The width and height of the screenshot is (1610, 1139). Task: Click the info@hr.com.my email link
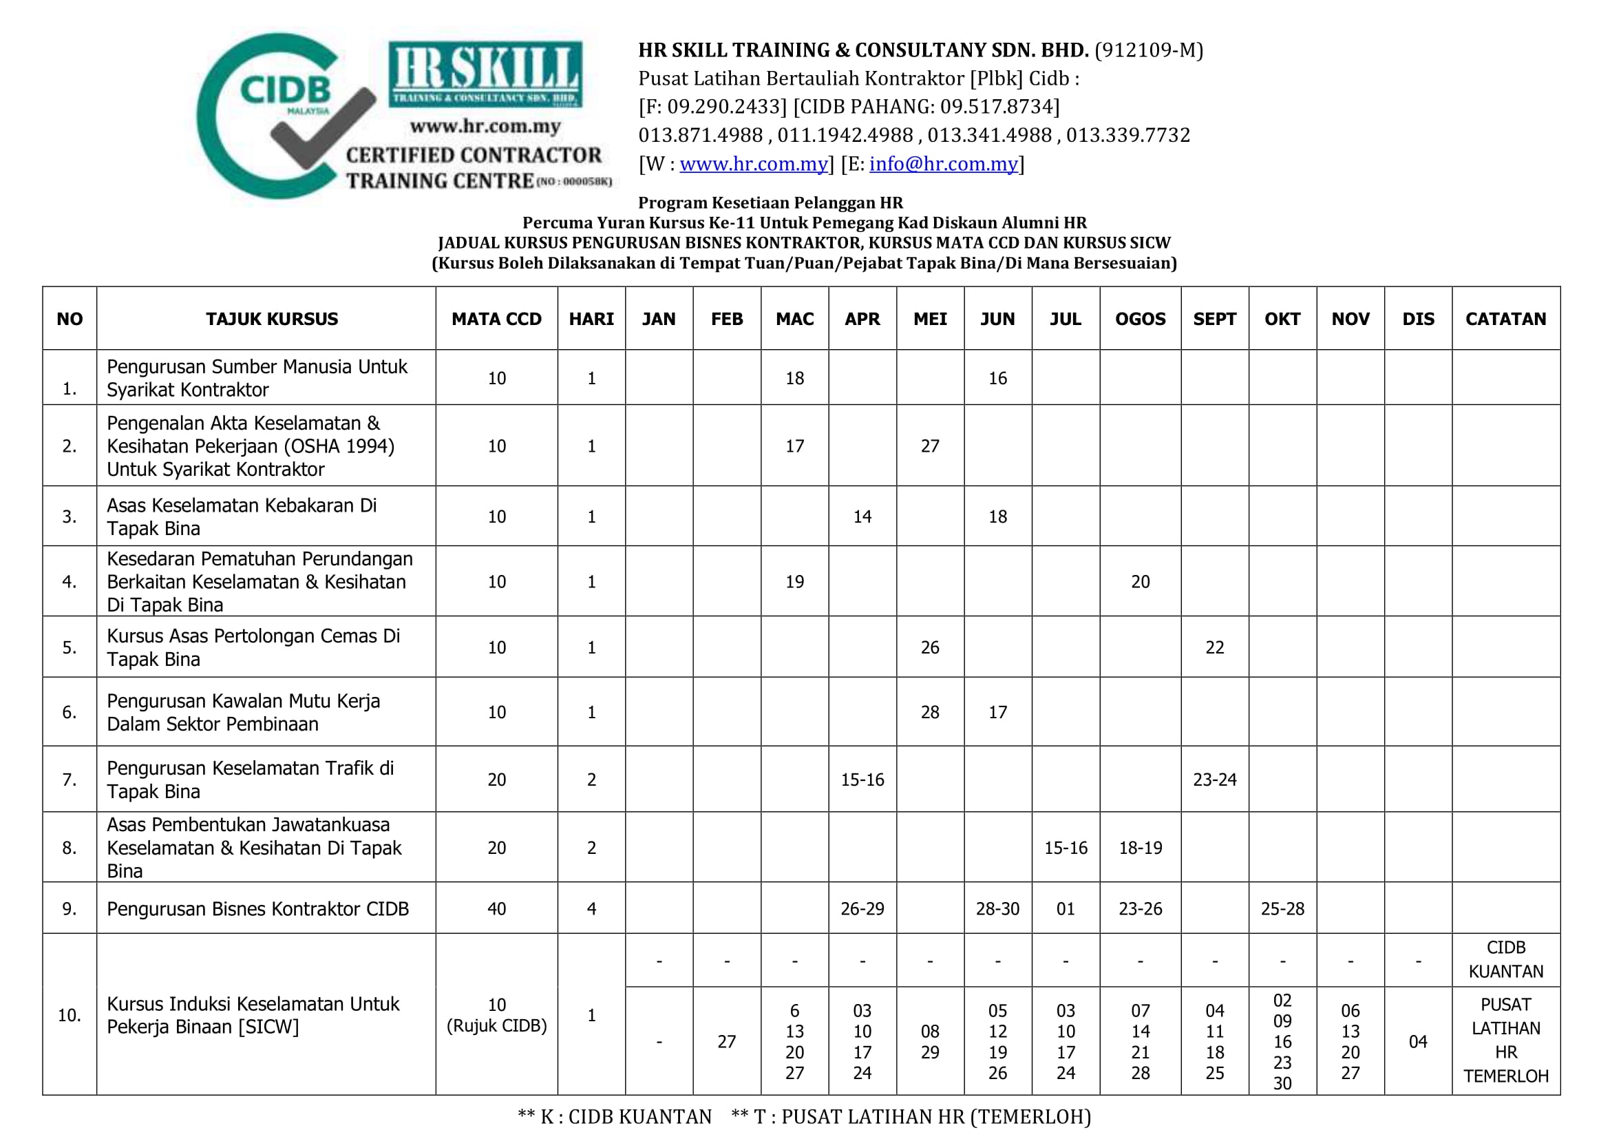pyautogui.click(x=943, y=164)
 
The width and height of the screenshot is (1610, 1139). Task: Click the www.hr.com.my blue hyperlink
pyautogui.click(x=753, y=164)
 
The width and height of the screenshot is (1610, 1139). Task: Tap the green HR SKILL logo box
pyautogui.click(x=485, y=74)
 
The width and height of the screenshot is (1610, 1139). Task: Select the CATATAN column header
pyautogui.click(x=1505, y=319)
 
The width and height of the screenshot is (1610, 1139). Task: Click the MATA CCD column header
pyautogui.click(x=496, y=319)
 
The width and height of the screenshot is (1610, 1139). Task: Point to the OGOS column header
pyautogui.click(x=1140, y=319)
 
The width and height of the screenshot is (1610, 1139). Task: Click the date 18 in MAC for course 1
pyautogui.click(x=794, y=379)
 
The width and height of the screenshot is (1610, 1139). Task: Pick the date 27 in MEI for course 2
pyautogui.click(x=930, y=446)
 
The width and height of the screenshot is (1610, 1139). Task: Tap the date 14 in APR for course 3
pyautogui.click(x=862, y=517)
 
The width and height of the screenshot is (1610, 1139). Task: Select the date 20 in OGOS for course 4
pyautogui.click(x=1140, y=581)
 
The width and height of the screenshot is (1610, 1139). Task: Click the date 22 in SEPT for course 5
pyautogui.click(x=1214, y=647)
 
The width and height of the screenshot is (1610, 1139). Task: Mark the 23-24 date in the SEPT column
pyautogui.click(x=1214, y=780)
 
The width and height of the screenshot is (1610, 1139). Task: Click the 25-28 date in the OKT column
pyautogui.click(x=1282, y=909)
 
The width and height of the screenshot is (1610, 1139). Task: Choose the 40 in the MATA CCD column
pyautogui.click(x=496, y=909)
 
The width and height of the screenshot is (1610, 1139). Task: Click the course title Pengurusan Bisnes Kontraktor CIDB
pyautogui.click(x=257, y=909)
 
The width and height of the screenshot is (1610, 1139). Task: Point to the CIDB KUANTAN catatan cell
pyautogui.click(x=1505, y=959)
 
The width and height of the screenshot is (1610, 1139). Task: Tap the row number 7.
pyautogui.click(x=70, y=780)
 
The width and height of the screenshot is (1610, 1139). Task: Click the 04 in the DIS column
pyautogui.click(x=1418, y=1041)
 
